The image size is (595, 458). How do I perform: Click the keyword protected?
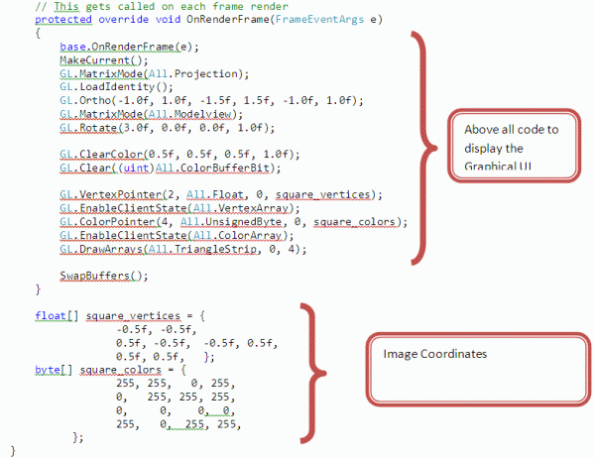(x=55, y=19)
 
